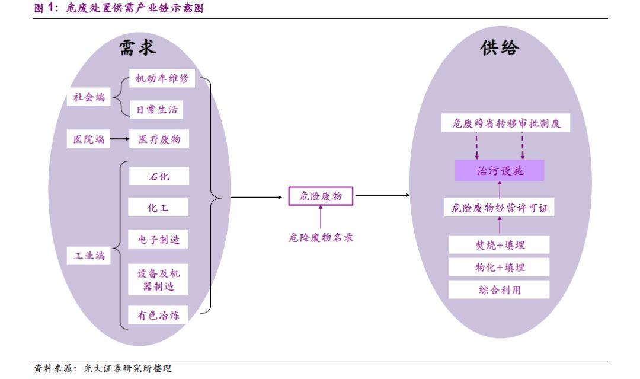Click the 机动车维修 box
pos(162,78)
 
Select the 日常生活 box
pos(156,109)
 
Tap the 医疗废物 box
pos(159,139)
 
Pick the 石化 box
pos(159,176)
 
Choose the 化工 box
pos(158,208)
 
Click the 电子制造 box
pos(159,240)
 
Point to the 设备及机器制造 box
pos(158,279)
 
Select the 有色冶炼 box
pos(158,315)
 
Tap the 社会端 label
pos(88,97)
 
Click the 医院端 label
pos(88,139)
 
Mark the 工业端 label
pos(88,256)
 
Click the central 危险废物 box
pos(320,196)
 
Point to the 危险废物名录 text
pos(321,237)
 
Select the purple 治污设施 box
pos(500,171)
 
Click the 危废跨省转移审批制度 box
pos(505,123)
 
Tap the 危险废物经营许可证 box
pos(500,208)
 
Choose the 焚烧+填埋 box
pos(500,244)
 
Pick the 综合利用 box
pos(500,289)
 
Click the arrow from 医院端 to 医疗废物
pos(119,139)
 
